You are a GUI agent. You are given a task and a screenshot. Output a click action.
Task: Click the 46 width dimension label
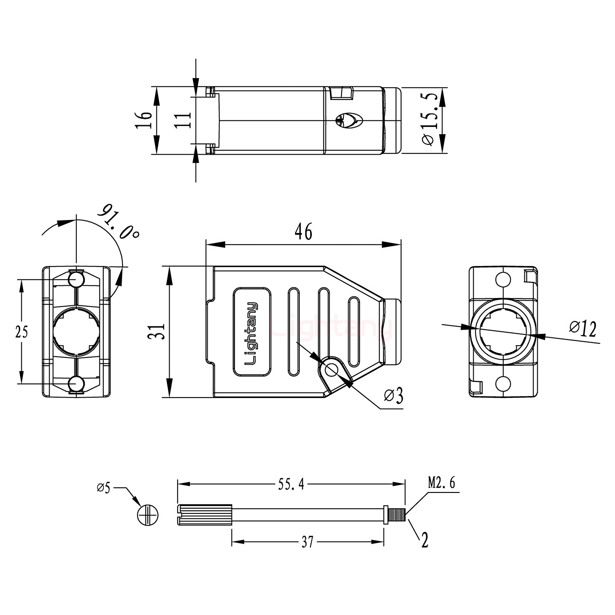304,231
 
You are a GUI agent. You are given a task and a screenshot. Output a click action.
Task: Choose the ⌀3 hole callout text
393,396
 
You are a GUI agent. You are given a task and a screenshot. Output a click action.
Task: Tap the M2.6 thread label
442,483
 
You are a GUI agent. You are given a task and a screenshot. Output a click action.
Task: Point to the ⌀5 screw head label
103,487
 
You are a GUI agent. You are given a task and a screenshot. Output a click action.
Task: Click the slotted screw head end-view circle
148,515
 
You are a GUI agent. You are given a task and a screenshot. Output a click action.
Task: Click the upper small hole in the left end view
76,280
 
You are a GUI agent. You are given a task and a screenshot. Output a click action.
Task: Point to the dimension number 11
183,120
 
